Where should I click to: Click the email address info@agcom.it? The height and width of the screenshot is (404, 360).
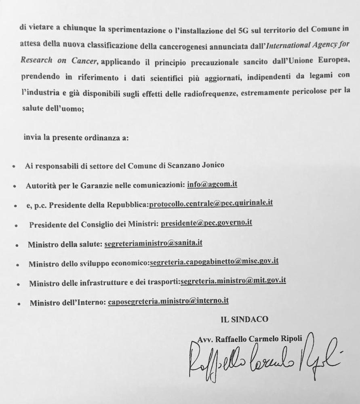point(212,184)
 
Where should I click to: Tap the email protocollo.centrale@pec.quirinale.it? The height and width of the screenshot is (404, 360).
point(211,203)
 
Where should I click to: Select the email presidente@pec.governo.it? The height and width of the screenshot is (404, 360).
point(206,223)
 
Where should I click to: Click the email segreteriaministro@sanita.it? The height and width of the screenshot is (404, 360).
point(153,243)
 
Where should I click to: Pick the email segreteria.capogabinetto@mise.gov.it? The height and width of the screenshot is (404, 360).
point(214,261)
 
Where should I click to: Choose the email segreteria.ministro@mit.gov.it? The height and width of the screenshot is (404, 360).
point(233,281)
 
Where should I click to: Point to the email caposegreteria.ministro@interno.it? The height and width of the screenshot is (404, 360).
point(168,301)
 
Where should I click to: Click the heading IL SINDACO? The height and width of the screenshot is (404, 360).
point(244,320)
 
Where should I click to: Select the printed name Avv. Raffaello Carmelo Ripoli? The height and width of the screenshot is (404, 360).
point(250,339)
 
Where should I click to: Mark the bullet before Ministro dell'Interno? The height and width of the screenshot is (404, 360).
point(19,303)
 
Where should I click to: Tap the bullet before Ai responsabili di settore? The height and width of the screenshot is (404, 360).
point(14,166)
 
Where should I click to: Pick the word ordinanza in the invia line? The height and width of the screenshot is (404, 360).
point(101,138)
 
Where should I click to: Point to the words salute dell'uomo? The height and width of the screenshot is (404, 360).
point(53,108)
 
